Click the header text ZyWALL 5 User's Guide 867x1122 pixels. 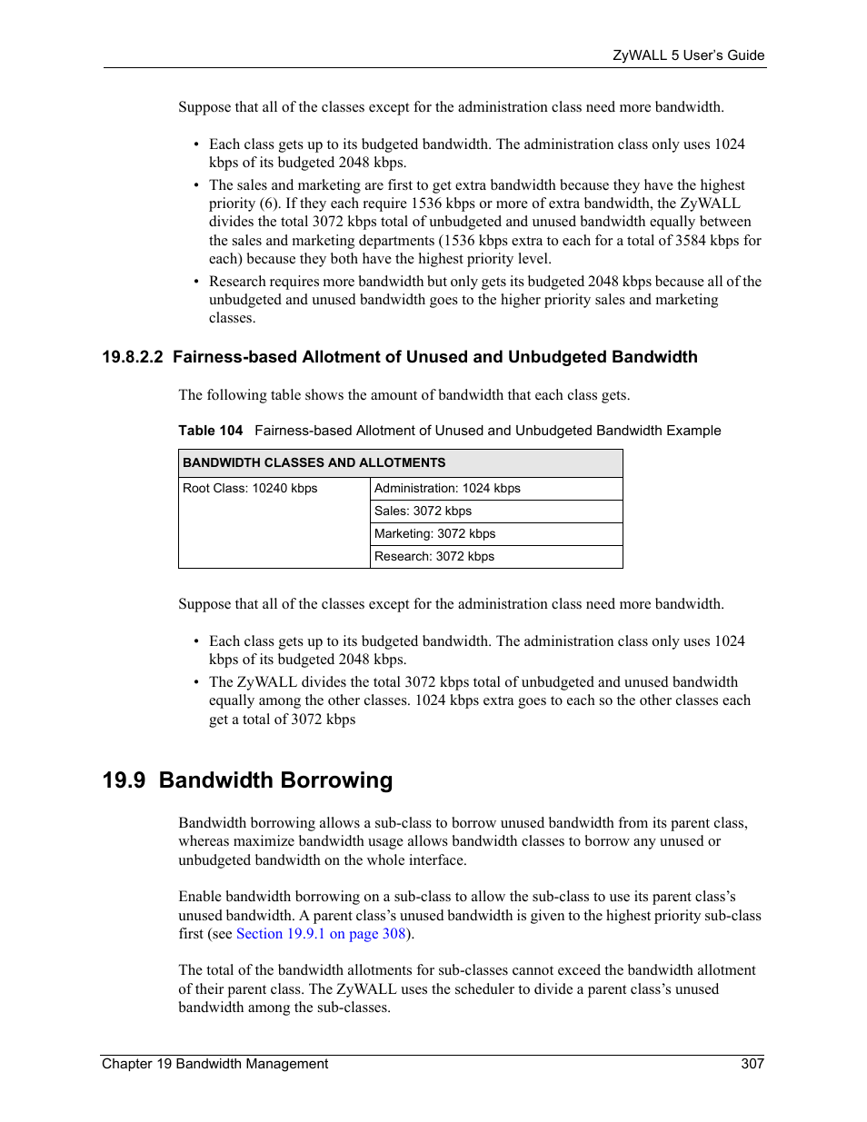pyautogui.click(x=688, y=55)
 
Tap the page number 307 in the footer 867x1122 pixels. pyautogui.click(x=752, y=1064)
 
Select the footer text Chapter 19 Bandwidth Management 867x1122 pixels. pyautogui.click(x=214, y=1064)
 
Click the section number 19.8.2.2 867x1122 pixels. pyautogui.click(x=133, y=357)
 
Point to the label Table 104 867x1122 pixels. pyautogui.click(x=210, y=431)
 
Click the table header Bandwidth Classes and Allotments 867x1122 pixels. pyautogui.click(x=314, y=462)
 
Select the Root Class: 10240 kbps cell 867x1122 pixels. pyautogui.click(x=250, y=489)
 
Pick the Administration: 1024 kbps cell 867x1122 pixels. pyautogui.click(x=447, y=489)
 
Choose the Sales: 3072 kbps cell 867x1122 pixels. pyautogui.click(x=423, y=511)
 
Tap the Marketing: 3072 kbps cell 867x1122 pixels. pyautogui.click(x=434, y=534)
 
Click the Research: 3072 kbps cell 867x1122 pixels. pyautogui.click(x=433, y=557)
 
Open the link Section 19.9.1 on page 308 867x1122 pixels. pyautogui.click(x=320, y=934)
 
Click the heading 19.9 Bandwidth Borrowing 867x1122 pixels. pyautogui.click(x=247, y=780)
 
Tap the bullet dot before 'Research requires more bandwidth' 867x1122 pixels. pyautogui.click(x=196, y=283)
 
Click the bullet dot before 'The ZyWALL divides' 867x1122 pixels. pyautogui.click(x=196, y=683)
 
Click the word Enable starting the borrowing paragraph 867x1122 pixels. pyautogui.click(x=200, y=897)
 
